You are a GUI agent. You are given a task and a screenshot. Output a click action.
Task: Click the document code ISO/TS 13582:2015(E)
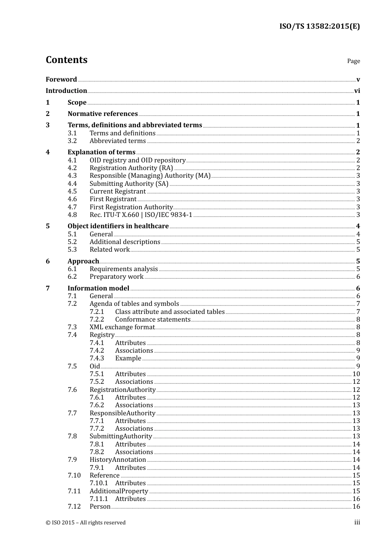(319, 27)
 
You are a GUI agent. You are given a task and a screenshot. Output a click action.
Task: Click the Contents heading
(66, 60)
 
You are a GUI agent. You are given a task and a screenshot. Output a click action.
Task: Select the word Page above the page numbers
(353, 61)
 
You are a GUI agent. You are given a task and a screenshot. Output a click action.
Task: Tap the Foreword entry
(61, 80)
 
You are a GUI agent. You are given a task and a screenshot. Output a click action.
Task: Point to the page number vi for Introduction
(357, 91)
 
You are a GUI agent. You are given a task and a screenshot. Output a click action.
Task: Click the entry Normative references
(103, 114)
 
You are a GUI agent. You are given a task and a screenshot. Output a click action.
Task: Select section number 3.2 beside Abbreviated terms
(72, 141)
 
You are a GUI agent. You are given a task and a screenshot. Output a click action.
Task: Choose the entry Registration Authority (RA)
(131, 168)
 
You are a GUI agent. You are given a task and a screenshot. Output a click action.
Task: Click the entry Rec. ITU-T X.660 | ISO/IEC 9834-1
(141, 215)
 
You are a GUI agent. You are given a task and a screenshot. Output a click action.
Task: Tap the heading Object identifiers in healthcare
(118, 226)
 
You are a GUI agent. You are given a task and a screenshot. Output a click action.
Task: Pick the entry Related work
(110, 250)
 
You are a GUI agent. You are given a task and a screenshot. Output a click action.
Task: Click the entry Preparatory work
(116, 277)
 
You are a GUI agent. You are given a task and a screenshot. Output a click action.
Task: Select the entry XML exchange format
(122, 327)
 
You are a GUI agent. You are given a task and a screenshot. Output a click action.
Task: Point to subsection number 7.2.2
(97, 320)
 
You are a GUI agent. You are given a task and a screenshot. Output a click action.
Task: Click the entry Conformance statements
(152, 320)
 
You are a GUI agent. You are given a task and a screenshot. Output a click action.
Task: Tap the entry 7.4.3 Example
(128, 358)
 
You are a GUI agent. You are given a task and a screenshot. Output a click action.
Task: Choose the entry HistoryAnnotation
(118, 460)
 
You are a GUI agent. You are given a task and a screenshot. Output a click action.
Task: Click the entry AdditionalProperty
(119, 491)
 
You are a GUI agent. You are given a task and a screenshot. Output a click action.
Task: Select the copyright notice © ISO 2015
(85, 523)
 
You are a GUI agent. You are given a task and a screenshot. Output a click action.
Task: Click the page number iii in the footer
(357, 522)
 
